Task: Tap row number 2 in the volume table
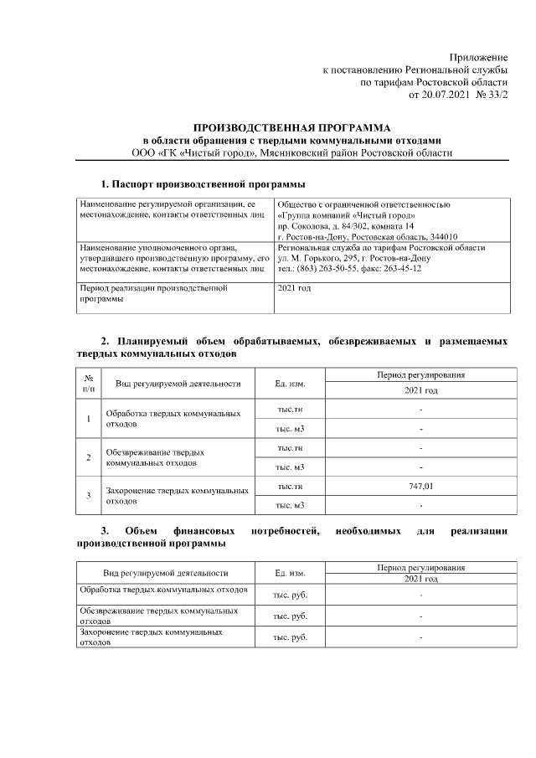89,456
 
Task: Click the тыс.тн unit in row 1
289,410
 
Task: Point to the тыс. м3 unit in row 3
289,505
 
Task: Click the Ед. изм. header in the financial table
289,574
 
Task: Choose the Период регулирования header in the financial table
421,568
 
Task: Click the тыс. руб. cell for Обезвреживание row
289,616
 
